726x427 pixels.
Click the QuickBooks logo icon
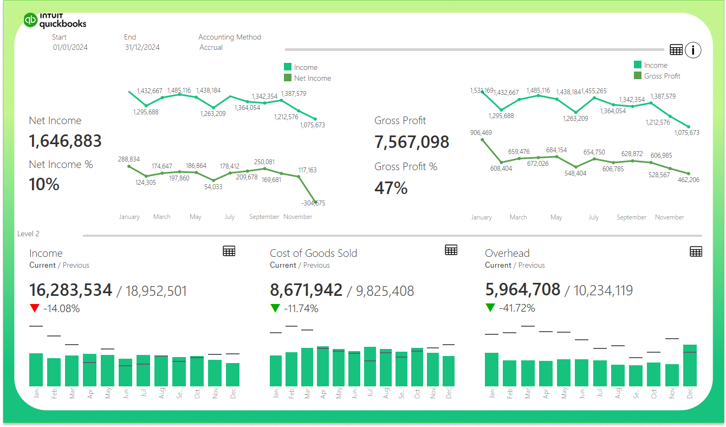pyautogui.click(x=30, y=20)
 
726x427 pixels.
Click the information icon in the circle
pyautogui.click(x=693, y=50)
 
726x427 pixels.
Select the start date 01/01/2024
pyautogui.click(x=70, y=47)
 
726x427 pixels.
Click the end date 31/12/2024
pyautogui.click(x=142, y=47)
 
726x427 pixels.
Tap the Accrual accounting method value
pyautogui.click(x=211, y=47)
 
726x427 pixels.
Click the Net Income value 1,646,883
pyautogui.click(x=65, y=141)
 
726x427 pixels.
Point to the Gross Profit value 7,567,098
pyautogui.click(x=412, y=142)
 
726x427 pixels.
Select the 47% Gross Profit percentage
pyautogui.click(x=391, y=188)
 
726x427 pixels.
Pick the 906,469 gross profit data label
pyautogui.click(x=481, y=133)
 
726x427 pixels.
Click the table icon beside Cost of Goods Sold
pyautogui.click(x=451, y=250)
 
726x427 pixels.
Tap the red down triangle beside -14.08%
pyautogui.click(x=35, y=308)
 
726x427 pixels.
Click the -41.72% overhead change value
pyautogui.click(x=517, y=308)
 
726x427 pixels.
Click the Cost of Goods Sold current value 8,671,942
pyautogui.click(x=306, y=290)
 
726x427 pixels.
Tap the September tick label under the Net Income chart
pyautogui.click(x=264, y=217)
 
